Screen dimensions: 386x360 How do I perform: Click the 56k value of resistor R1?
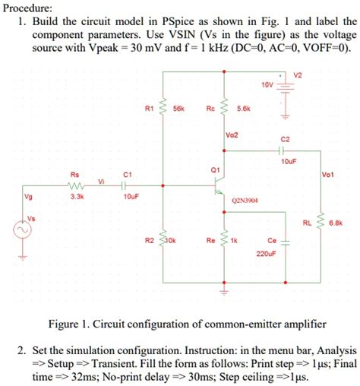tap(180, 109)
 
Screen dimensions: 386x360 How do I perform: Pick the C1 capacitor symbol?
tap(128, 183)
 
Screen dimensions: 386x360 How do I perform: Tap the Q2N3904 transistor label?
tap(245, 201)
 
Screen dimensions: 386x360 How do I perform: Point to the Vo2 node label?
tap(232, 135)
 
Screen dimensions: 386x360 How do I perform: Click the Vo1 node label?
tap(328, 173)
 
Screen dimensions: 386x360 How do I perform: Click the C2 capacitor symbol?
tap(286, 150)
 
